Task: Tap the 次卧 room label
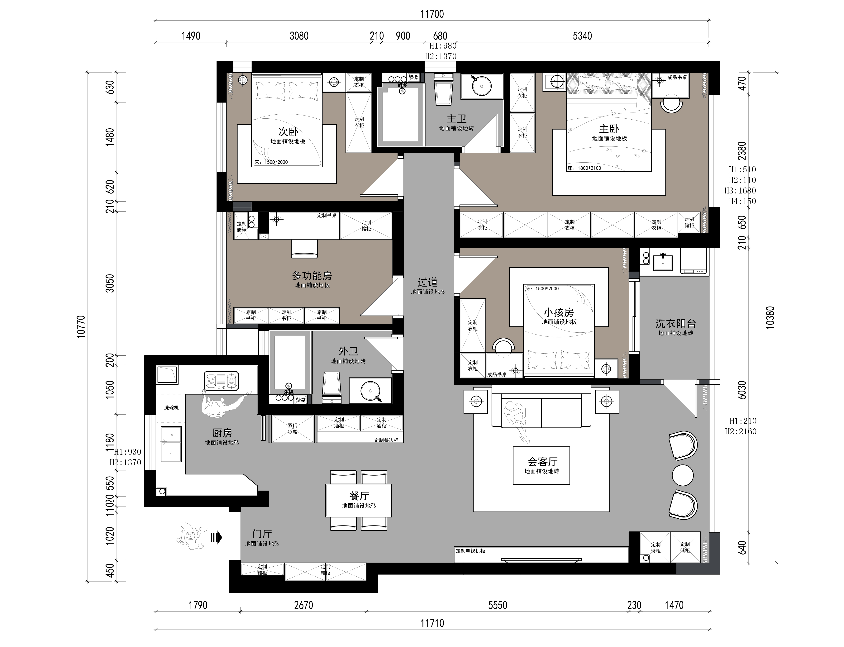click(x=288, y=131)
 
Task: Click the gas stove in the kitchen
click(x=221, y=381)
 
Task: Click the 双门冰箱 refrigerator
click(x=293, y=429)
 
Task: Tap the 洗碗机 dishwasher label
click(x=171, y=407)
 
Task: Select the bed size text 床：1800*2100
click(x=584, y=168)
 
